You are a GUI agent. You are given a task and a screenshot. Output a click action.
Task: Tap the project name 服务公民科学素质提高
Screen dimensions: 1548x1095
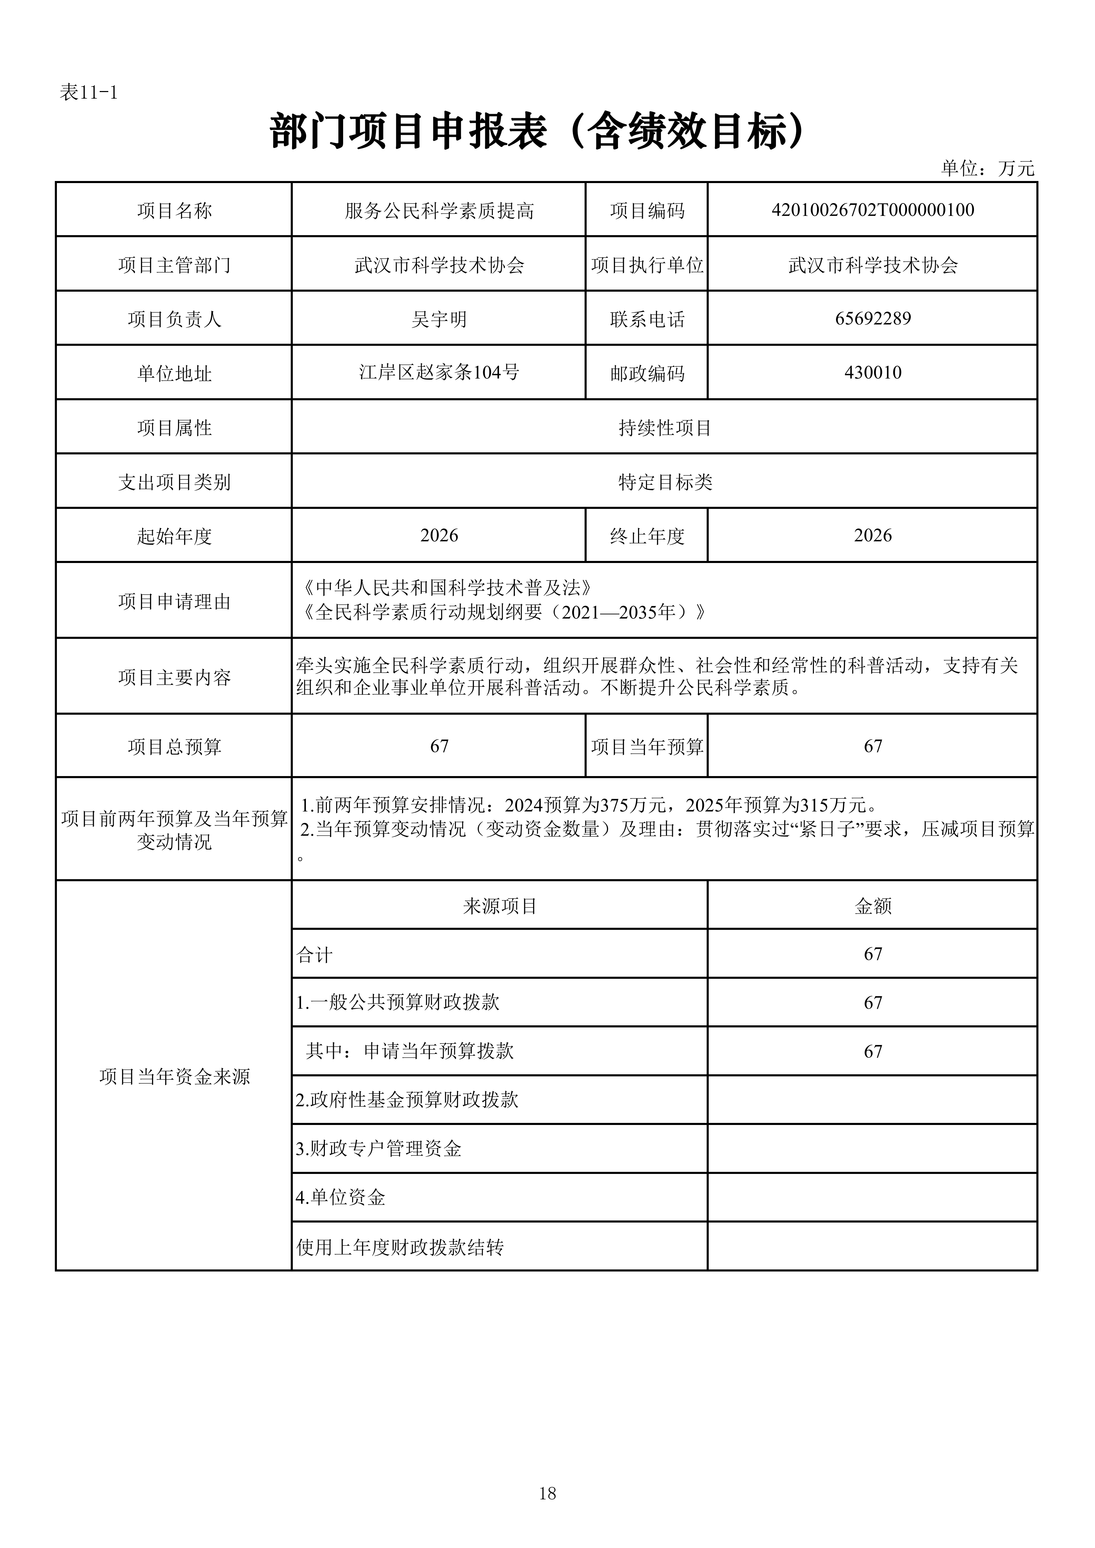click(x=439, y=211)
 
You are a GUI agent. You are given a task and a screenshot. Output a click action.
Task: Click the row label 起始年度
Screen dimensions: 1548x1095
click(x=174, y=536)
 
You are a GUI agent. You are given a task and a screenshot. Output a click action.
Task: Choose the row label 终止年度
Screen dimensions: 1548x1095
click(x=647, y=536)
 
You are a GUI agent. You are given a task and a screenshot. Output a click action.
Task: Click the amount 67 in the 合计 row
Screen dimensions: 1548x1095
click(x=873, y=954)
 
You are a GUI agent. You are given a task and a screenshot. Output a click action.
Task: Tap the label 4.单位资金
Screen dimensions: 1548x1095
click(x=340, y=1197)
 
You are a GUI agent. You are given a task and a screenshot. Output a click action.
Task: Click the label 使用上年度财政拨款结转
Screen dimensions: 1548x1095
click(x=400, y=1247)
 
